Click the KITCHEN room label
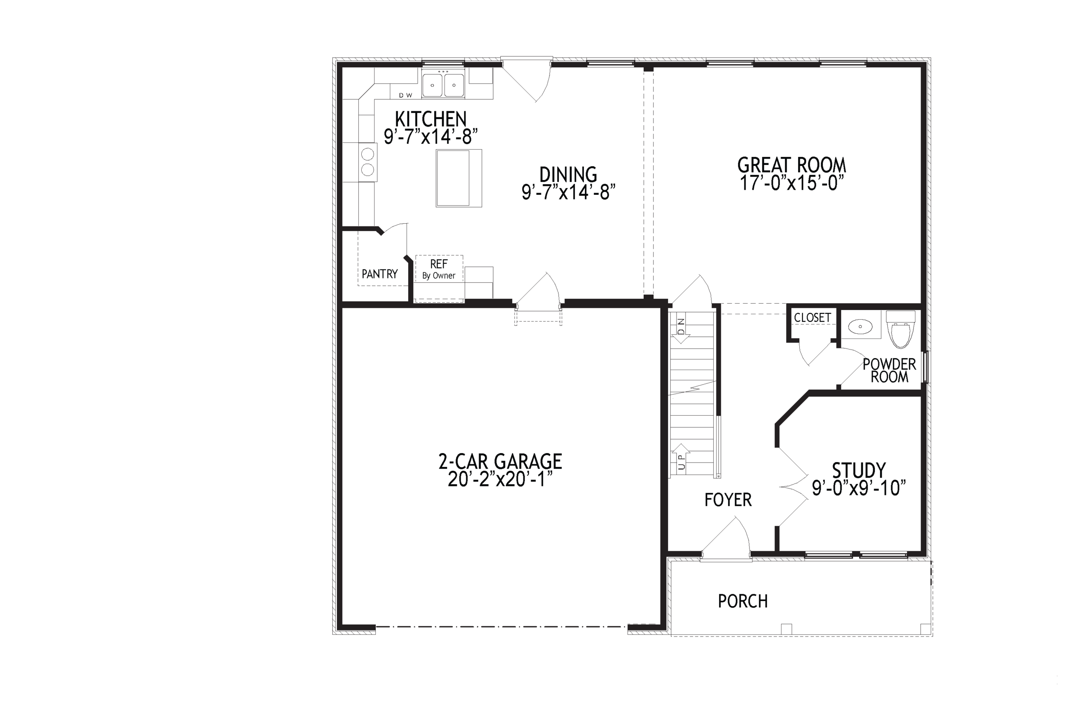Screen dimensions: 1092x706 (x=430, y=119)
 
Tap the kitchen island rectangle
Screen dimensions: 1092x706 (x=458, y=178)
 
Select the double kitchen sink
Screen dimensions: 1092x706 (x=443, y=85)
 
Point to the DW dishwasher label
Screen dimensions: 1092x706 (x=405, y=95)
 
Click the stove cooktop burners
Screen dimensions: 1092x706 (x=367, y=162)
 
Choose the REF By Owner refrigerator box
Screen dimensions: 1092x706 (x=439, y=269)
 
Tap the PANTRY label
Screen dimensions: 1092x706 (x=379, y=274)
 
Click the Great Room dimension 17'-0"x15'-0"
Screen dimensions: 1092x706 (x=792, y=183)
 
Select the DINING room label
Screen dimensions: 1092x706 (x=568, y=175)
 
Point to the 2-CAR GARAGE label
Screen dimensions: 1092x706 (x=500, y=462)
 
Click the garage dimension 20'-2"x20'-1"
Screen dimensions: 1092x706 (x=500, y=480)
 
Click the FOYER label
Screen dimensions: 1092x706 (x=728, y=500)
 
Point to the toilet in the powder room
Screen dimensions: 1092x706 (x=900, y=329)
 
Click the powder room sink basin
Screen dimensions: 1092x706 (x=860, y=327)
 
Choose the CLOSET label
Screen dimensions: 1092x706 (x=812, y=317)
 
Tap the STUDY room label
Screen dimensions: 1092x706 (x=859, y=470)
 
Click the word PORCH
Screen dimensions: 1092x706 (x=743, y=601)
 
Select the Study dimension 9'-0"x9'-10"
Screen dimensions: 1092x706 (x=859, y=488)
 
